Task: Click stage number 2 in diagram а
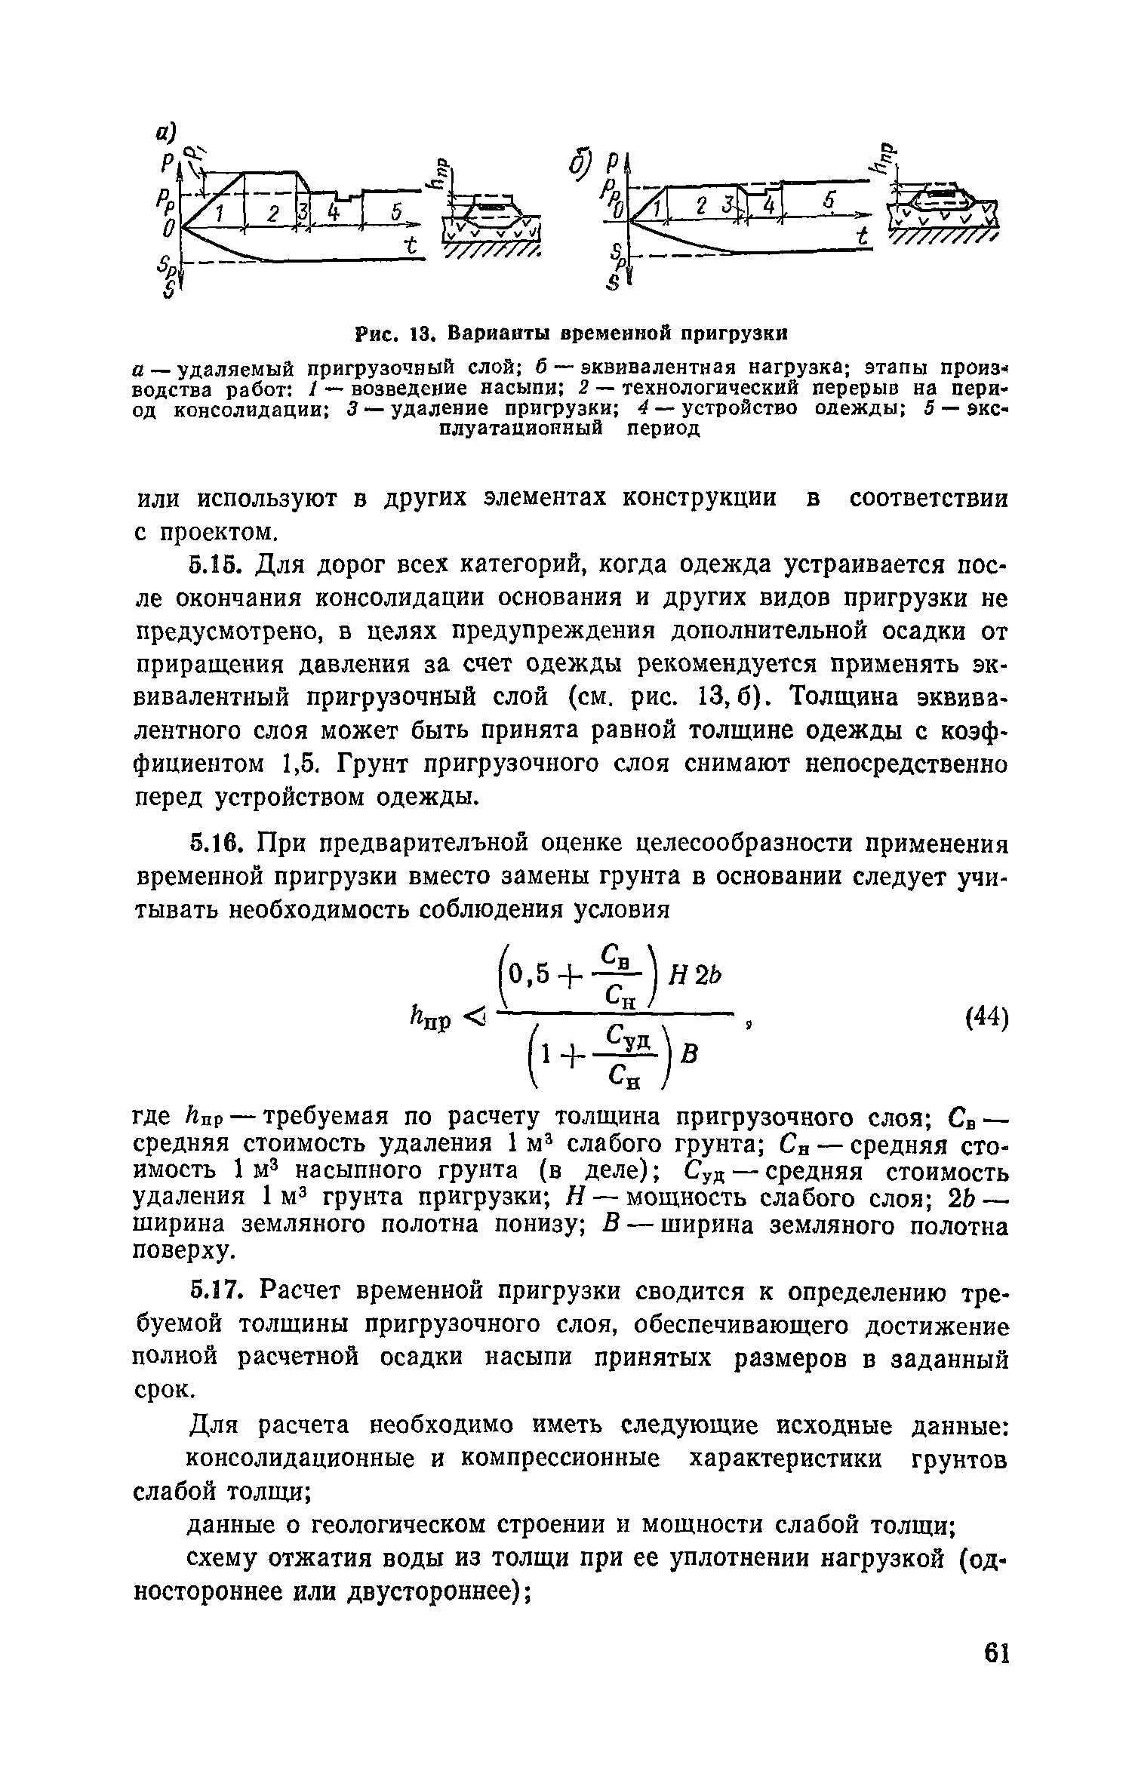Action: [x=272, y=215]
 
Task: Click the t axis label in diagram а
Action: [x=411, y=246]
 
